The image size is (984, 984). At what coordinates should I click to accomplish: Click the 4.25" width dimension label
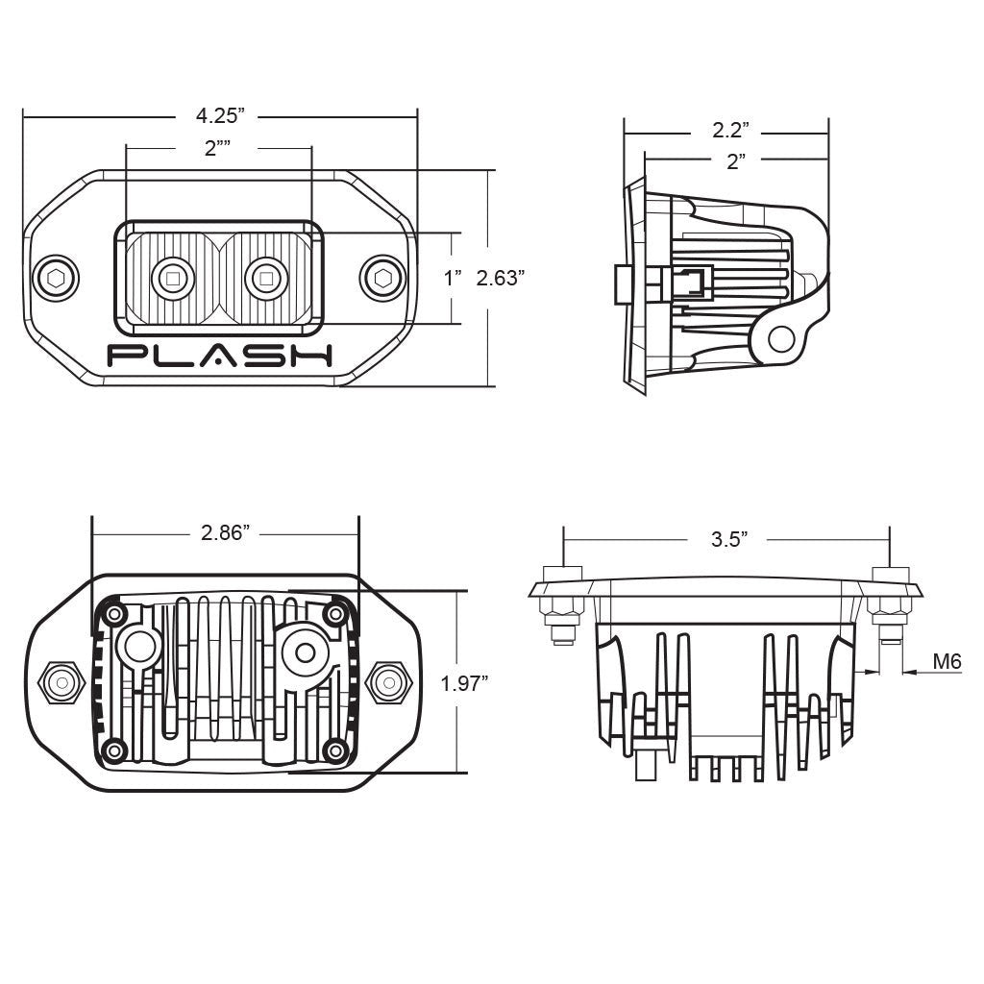click(x=220, y=116)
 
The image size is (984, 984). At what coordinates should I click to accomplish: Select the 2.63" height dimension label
click(x=500, y=279)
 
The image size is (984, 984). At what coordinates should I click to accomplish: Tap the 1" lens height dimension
click(x=453, y=279)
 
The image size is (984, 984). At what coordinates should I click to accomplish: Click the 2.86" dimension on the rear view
click(x=225, y=533)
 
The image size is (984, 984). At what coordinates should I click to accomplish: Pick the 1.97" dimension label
click(x=464, y=683)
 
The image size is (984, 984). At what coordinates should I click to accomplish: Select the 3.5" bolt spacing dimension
click(x=729, y=539)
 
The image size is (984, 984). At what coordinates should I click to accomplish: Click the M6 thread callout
click(x=947, y=661)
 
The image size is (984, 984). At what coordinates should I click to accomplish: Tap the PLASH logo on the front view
click(x=220, y=356)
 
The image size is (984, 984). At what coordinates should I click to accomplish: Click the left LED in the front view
click(x=173, y=279)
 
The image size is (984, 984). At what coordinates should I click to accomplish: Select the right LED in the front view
click(x=266, y=279)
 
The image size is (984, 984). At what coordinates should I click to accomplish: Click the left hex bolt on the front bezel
click(x=56, y=279)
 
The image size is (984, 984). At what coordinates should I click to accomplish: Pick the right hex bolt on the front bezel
click(x=382, y=279)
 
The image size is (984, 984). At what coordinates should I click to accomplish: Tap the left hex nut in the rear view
click(x=61, y=682)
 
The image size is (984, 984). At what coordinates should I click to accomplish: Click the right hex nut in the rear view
click(x=388, y=682)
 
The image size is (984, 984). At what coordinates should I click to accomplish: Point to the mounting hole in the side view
click(x=782, y=339)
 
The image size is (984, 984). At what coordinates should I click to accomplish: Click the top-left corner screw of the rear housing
click(x=115, y=613)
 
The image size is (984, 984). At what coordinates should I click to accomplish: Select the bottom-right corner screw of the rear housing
click(x=335, y=750)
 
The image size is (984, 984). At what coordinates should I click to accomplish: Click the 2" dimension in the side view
click(x=736, y=161)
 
